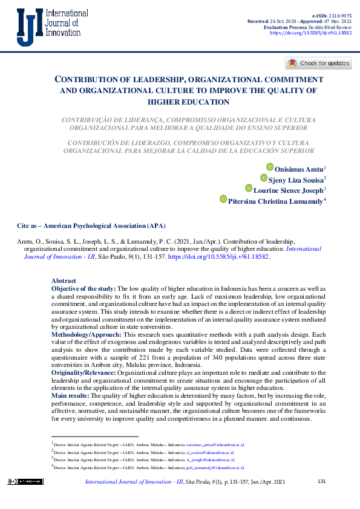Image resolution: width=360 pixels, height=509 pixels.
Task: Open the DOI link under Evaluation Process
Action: coord(310,34)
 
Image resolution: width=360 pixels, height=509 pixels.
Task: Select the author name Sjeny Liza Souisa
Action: coord(296,179)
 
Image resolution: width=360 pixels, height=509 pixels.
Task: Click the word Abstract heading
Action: coord(64,281)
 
